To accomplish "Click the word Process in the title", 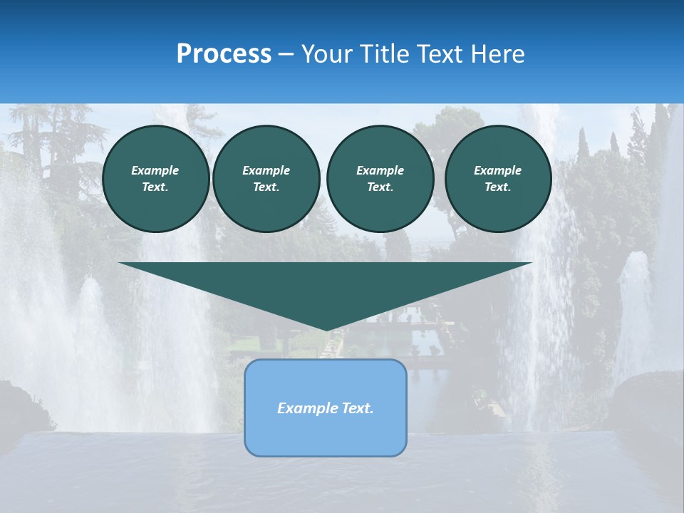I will click(224, 54).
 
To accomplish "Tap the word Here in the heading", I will click(497, 54).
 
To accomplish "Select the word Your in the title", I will click(328, 54).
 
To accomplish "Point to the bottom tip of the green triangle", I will click(326, 329).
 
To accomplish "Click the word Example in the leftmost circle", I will click(155, 170).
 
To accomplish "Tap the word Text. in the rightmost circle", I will click(497, 187).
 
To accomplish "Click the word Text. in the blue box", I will click(357, 408).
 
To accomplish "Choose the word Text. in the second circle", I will click(266, 187).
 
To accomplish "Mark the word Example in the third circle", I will click(380, 170).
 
